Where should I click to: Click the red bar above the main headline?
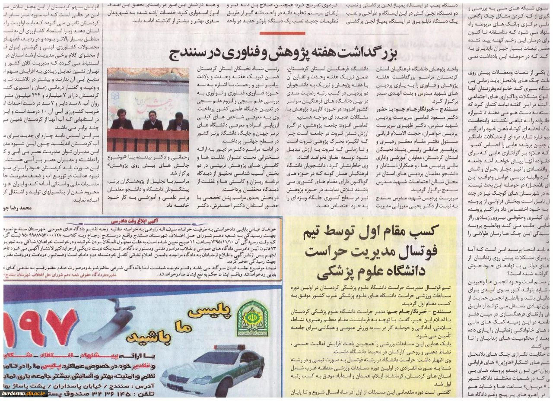(x=283, y=33)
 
